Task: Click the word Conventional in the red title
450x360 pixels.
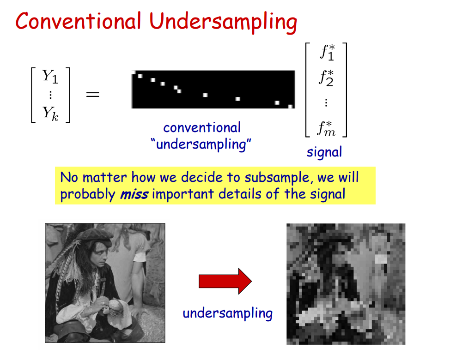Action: (x=79, y=21)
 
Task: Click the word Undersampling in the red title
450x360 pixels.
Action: (x=223, y=22)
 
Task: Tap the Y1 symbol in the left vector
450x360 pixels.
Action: (x=50, y=77)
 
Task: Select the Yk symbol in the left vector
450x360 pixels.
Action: (x=50, y=114)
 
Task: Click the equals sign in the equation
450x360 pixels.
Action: (x=93, y=94)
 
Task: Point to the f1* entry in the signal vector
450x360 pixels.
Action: (x=327, y=53)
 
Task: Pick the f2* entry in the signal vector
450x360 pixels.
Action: (x=326, y=78)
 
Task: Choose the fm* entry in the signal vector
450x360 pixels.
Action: (x=326, y=128)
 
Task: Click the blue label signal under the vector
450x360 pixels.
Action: (x=324, y=152)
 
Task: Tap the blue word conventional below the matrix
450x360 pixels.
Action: (x=202, y=128)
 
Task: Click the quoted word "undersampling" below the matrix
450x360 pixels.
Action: (x=201, y=144)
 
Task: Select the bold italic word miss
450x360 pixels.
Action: (x=134, y=195)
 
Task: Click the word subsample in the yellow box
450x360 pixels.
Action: (x=277, y=178)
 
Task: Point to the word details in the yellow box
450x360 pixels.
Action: (x=240, y=194)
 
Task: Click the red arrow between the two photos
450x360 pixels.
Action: (x=225, y=281)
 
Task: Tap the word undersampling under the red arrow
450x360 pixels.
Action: (x=228, y=313)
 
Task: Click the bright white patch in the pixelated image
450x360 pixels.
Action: (x=381, y=259)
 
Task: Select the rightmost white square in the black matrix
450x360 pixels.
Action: (x=291, y=106)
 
